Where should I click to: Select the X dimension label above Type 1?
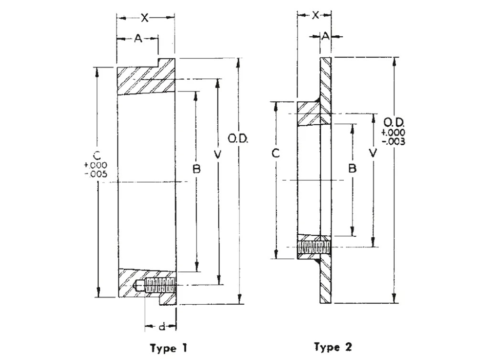tap(145, 18)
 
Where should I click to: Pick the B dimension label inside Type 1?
tap(196, 169)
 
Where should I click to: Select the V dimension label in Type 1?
tap(219, 155)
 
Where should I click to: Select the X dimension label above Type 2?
tap(315, 15)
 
